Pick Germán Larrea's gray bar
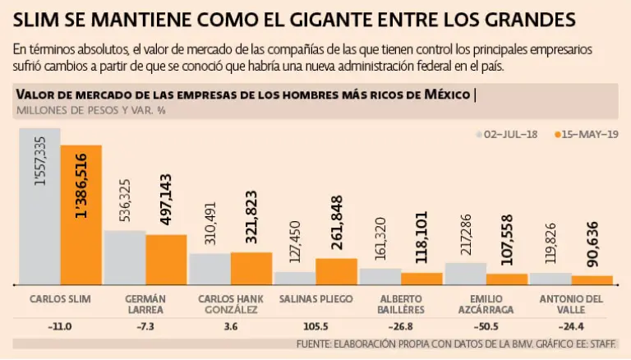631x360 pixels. click(x=125, y=257)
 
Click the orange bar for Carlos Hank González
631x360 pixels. click(x=251, y=268)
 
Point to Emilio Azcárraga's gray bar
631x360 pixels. click(x=465, y=274)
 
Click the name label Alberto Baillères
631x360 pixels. click(x=400, y=303)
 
